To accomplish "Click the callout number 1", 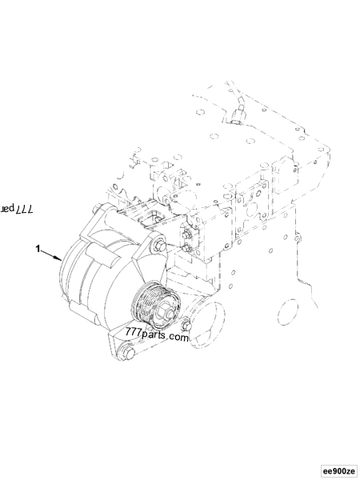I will coord(38,249).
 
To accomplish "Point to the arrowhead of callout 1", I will coord(61,260).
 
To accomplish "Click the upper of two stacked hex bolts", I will coord(186,234).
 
